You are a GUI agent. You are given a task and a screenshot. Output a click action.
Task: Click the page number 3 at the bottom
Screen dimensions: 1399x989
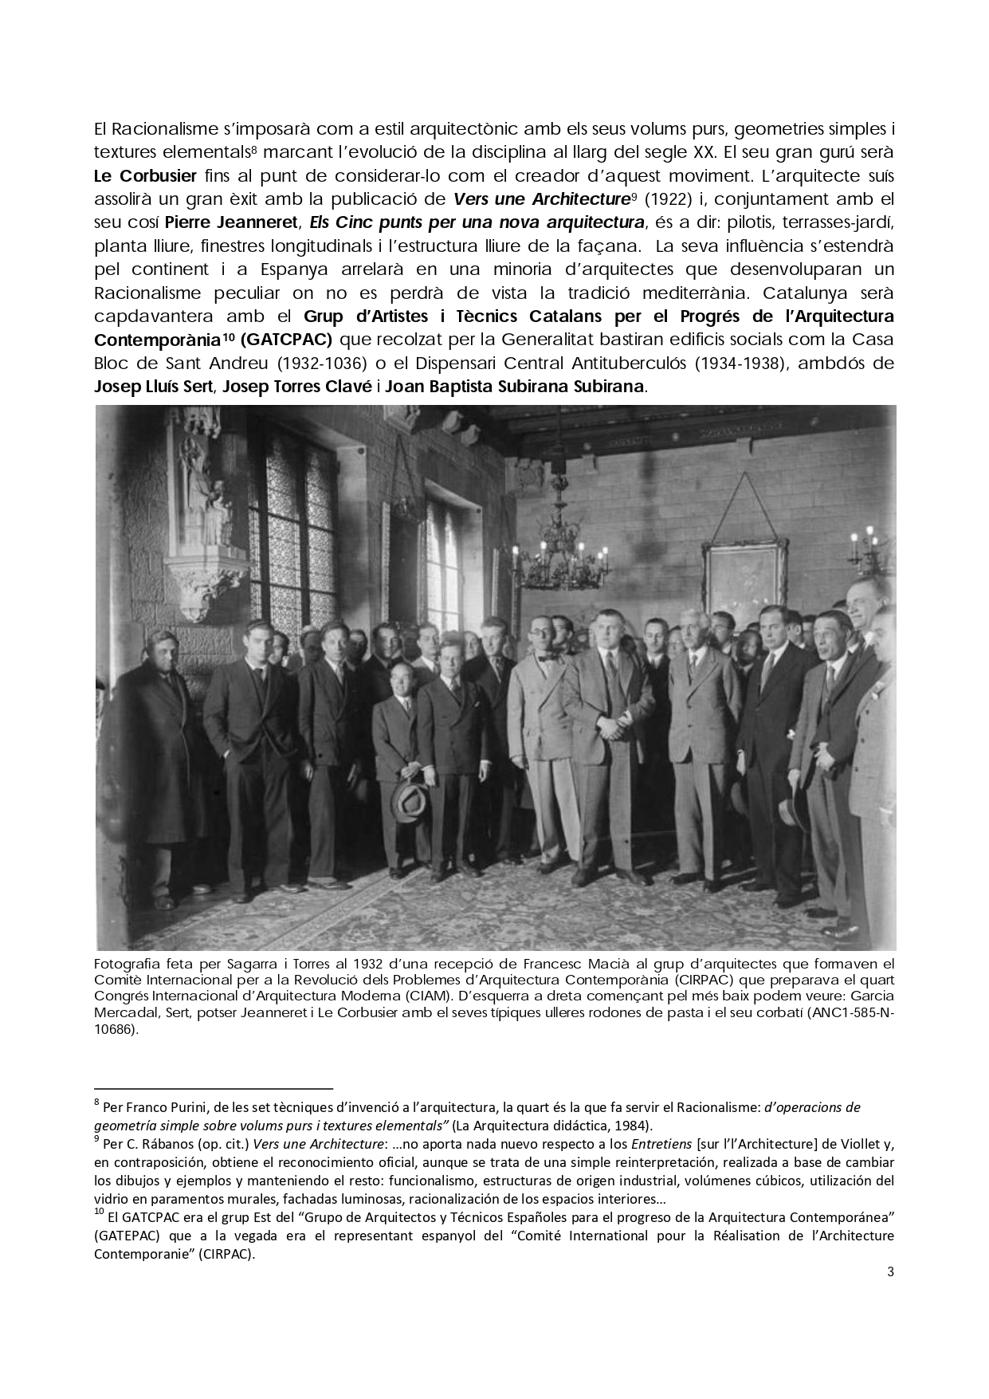tap(890, 1271)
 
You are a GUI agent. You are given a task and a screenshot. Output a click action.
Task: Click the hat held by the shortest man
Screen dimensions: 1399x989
tap(410, 799)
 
